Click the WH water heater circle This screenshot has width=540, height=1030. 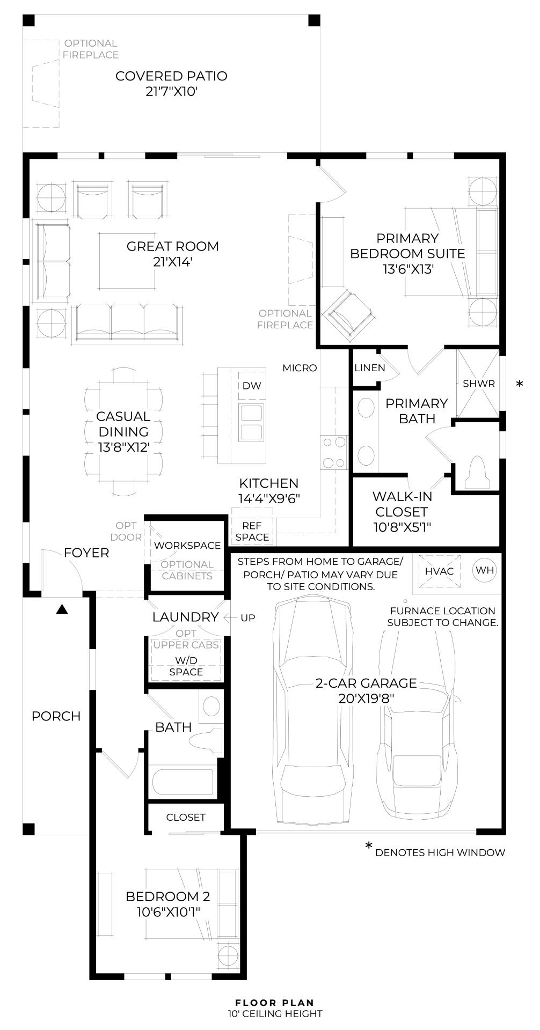485,570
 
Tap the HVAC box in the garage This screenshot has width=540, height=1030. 439,571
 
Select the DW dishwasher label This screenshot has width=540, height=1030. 252,386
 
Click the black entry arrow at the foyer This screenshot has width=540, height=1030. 62,609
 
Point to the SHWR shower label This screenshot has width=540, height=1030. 479,384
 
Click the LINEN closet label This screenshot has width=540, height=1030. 370,368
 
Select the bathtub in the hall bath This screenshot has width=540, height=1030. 183,782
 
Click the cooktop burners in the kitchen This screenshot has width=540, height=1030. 333,452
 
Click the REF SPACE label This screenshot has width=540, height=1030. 252,532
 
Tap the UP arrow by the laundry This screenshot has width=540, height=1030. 247,618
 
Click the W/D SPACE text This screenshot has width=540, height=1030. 186,666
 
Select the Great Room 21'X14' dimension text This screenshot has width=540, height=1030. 172,262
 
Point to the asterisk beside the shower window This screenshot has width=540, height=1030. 519,384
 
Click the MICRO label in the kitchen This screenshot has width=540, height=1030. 300,368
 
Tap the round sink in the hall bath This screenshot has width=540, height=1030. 211,706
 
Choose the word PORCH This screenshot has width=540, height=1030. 56,716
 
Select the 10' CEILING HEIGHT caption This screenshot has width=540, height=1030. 275,1014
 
